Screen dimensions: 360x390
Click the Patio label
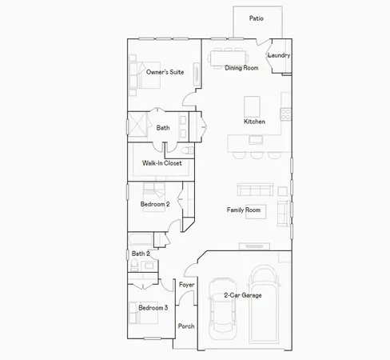coord(256,18)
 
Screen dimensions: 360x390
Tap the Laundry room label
coord(278,55)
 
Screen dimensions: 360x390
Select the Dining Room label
coord(241,69)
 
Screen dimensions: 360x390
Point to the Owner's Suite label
coord(165,72)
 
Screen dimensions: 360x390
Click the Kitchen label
coord(254,122)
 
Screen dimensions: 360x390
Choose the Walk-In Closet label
coord(161,163)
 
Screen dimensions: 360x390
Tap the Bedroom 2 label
coord(155,204)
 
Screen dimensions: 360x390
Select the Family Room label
coord(244,210)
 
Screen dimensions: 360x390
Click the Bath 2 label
coord(141,254)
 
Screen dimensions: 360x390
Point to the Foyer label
coord(186,285)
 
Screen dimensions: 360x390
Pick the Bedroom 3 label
coord(153,308)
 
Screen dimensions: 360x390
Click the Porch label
coord(186,326)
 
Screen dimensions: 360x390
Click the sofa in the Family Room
coord(255,190)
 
